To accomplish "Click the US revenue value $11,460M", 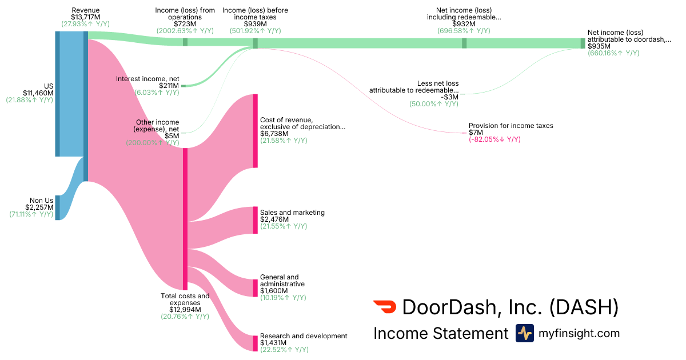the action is point(38,93).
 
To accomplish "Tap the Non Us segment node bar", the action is point(57,207).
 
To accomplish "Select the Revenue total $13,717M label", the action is point(86,17).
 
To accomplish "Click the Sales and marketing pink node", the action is point(256,220).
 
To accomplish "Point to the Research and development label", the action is point(304,336).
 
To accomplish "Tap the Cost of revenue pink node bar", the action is point(256,131).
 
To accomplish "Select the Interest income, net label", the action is point(147,78).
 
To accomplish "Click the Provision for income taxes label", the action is point(511,126).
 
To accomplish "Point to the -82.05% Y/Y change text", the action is point(494,139).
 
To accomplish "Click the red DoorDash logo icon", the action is point(385,307).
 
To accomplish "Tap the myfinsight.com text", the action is point(579,333).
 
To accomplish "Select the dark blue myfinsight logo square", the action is point(524,333).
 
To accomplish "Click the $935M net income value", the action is point(599,46).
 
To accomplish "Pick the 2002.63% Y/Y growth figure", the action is point(185,31).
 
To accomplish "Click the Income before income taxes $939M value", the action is point(255,24).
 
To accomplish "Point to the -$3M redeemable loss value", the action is point(449,97).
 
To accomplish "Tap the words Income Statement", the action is point(440,333).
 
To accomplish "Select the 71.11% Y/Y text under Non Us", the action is point(31,214).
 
